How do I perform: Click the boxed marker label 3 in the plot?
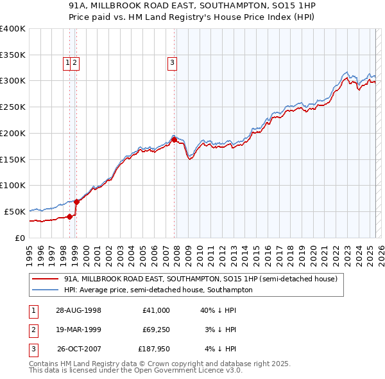coord(173,62)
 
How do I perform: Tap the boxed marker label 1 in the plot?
coord(67,62)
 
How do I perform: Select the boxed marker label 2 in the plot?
coord(75,62)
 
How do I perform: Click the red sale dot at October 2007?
coord(175,139)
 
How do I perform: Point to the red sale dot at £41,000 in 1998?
coord(70,216)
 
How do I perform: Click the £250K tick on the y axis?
coord(14,107)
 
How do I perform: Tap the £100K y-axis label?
coord(14,185)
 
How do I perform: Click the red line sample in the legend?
coord(46,279)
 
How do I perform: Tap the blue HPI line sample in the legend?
coord(46,290)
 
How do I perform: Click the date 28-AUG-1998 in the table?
coord(79,310)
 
